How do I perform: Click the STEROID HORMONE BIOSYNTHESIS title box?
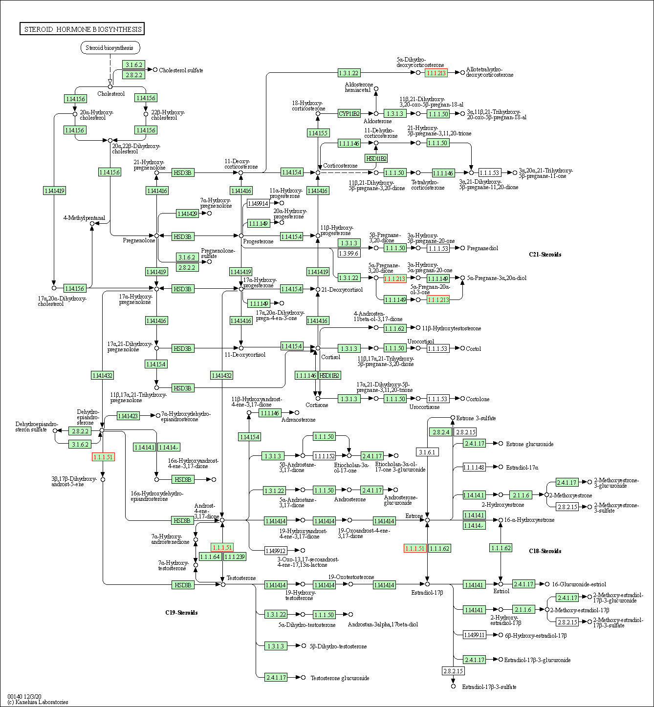[x=82, y=29]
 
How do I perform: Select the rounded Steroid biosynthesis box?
[x=109, y=47]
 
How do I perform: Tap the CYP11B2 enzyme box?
[x=349, y=113]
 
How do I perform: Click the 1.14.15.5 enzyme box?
[x=318, y=133]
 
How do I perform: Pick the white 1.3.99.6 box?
[x=349, y=253]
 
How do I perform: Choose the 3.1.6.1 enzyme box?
[x=427, y=452]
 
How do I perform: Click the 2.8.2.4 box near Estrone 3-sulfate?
[x=440, y=432]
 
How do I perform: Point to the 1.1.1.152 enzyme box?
[x=324, y=456]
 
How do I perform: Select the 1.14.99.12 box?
[x=275, y=551]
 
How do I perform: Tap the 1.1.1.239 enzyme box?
[x=235, y=557]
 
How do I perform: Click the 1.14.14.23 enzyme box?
[x=128, y=416]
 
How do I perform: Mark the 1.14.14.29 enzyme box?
[x=187, y=214]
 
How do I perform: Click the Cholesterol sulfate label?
[x=181, y=70]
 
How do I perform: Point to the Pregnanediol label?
[x=482, y=248]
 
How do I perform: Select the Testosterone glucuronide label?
[x=340, y=678]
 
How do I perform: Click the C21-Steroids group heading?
[x=545, y=255]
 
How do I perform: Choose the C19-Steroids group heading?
[x=181, y=613]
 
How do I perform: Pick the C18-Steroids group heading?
[x=545, y=551]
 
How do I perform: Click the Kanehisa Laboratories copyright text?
[x=38, y=702]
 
